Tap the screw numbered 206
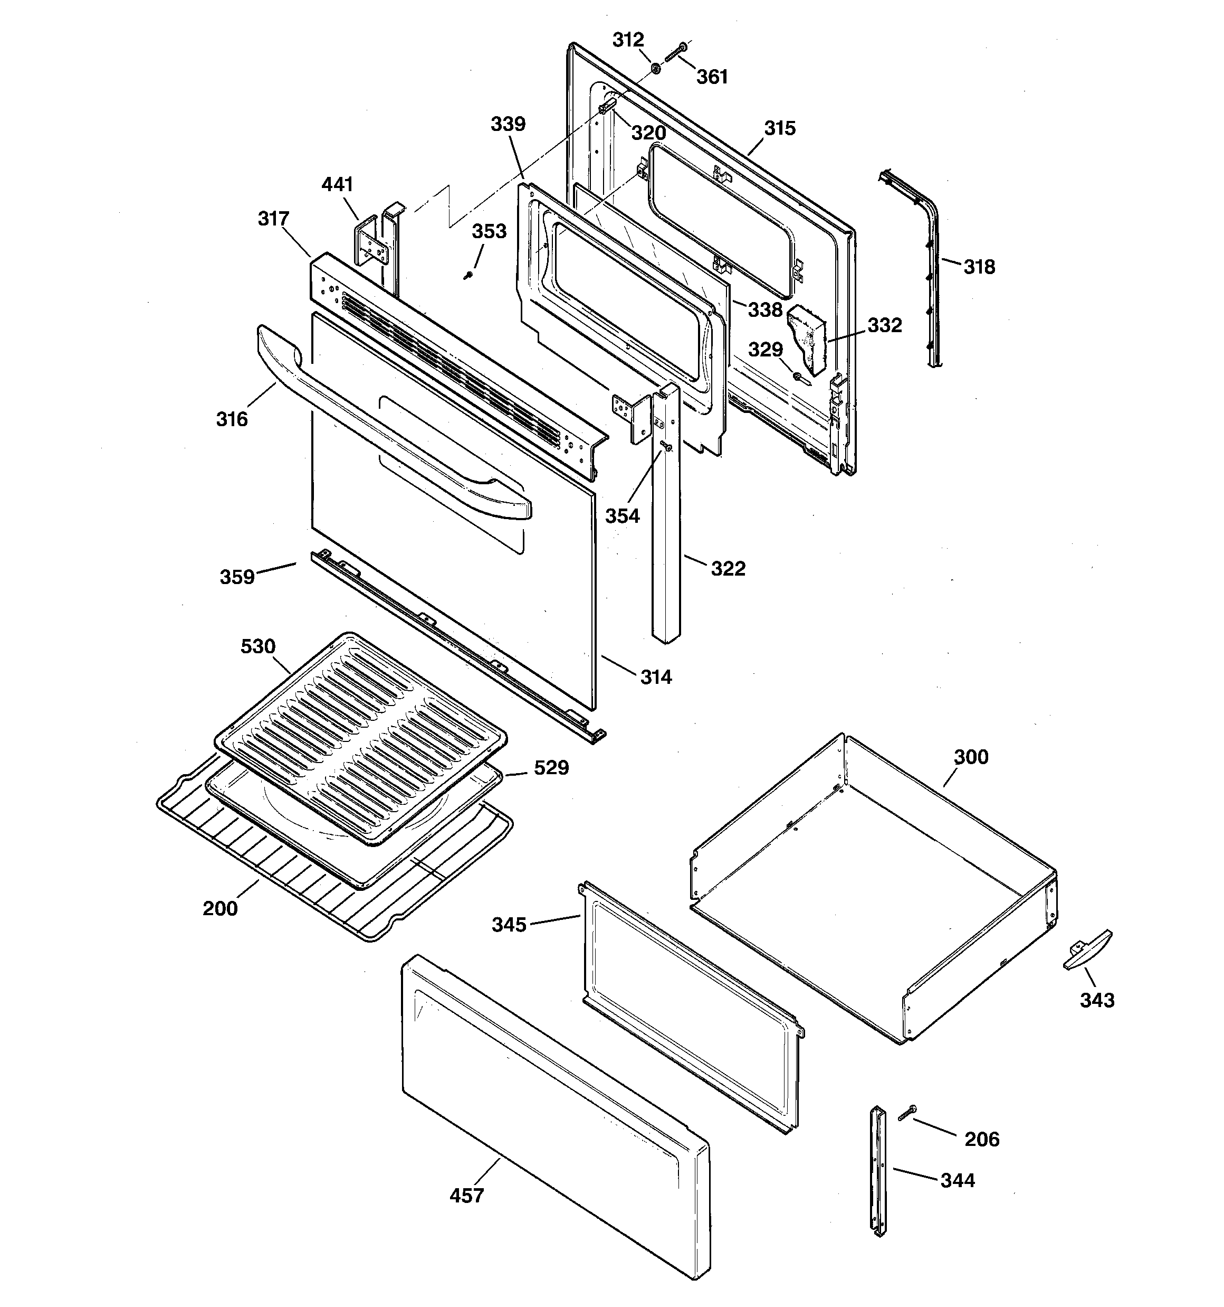[908, 1112]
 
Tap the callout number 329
[766, 349]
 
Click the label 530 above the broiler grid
[257, 646]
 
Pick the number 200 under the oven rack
[220, 909]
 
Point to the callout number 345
[509, 925]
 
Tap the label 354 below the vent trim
[621, 516]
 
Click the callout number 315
[779, 128]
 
